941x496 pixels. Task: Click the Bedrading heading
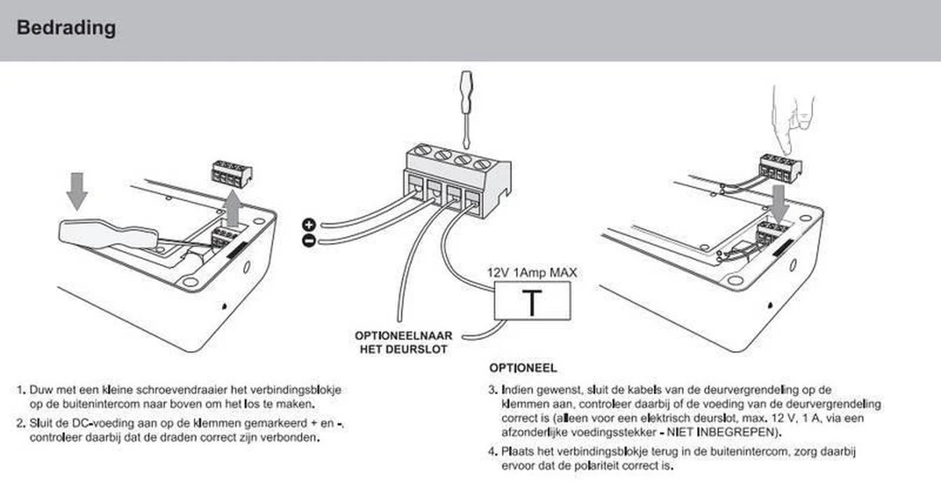(x=67, y=27)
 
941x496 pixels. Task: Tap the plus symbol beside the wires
(x=309, y=225)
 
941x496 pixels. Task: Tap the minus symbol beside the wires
(x=309, y=241)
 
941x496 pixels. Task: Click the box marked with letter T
(x=532, y=301)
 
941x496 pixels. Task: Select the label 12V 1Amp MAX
(x=532, y=273)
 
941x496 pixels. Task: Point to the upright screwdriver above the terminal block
(x=467, y=109)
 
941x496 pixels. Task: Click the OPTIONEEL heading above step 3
(x=523, y=368)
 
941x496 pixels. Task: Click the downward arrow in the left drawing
(x=77, y=191)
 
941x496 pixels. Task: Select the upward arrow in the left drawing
(x=232, y=208)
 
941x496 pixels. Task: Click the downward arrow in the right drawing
(x=779, y=204)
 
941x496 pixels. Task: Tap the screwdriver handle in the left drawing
(x=107, y=235)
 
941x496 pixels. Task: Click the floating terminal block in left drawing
(x=231, y=173)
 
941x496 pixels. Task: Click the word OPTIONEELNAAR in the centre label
(x=404, y=335)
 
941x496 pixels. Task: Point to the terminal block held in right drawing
(x=780, y=168)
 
